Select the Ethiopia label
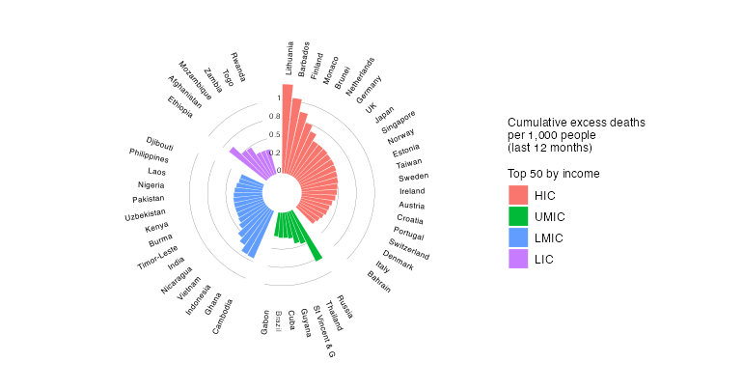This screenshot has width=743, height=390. click(179, 106)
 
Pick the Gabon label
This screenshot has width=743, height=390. click(264, 322)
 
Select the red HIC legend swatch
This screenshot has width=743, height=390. click(518, 196)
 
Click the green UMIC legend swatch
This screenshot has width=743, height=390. click(518, 217)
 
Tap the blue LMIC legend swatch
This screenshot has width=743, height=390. click(518, 237)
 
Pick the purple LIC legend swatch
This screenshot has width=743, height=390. click(518, 259)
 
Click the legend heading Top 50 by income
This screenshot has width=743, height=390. click(554, 174)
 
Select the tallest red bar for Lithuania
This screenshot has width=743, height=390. click(288, 125)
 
